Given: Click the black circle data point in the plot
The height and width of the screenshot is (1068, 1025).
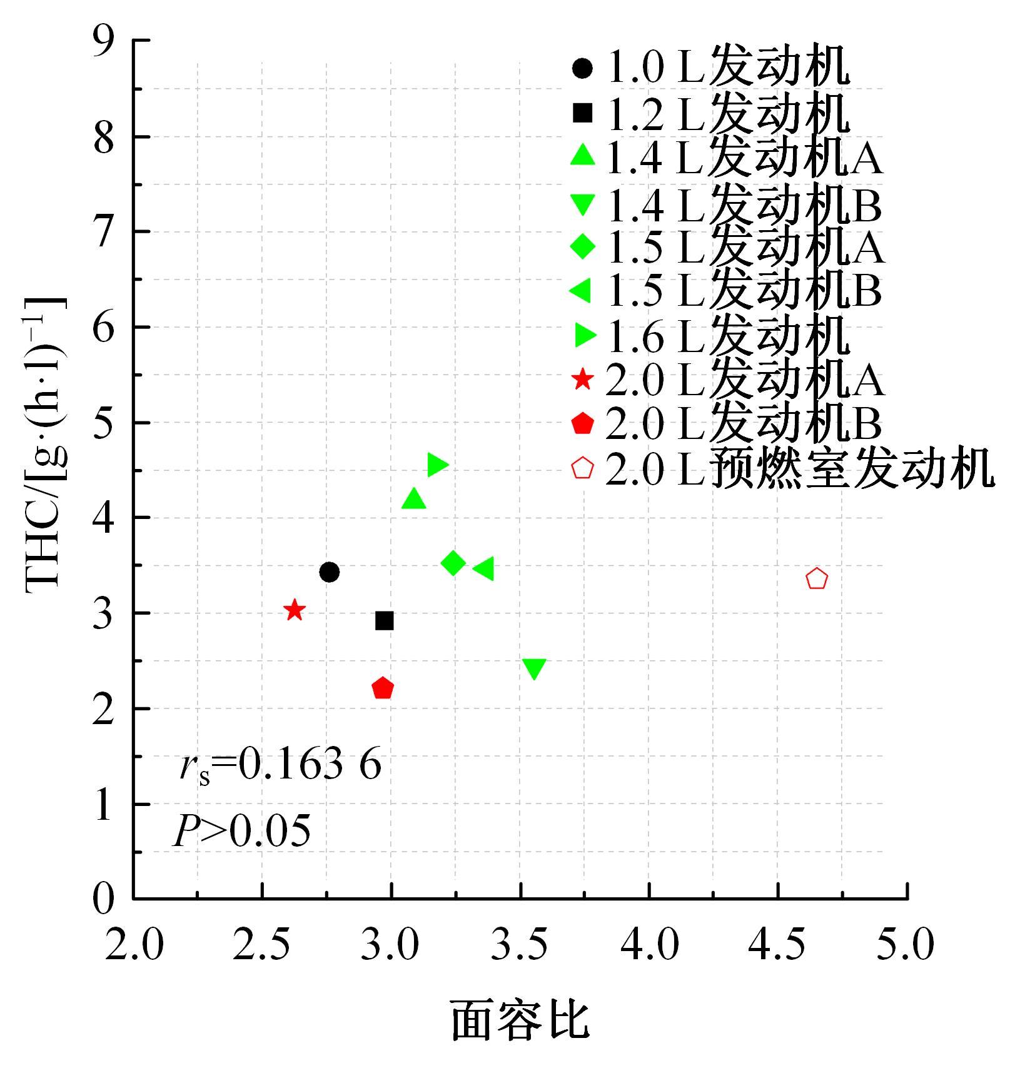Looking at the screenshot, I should [x=329, y=572].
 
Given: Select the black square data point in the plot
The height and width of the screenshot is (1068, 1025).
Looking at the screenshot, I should [x=385, y=621].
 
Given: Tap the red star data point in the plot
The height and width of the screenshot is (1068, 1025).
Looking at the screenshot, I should [x=295, y=610].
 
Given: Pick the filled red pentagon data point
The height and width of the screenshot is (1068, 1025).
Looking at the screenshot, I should [x=383, y=688].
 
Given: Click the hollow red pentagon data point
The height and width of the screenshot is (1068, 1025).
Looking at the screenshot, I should [x=817, y=579].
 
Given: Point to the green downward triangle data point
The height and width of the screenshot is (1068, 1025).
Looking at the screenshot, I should [x=534, y=668].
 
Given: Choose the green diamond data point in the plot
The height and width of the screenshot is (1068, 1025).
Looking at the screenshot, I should [x=453, y=563].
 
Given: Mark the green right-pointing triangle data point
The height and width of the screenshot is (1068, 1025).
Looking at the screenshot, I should [x=437, y=465].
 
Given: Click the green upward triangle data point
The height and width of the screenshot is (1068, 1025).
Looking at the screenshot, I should [x=413, y=499].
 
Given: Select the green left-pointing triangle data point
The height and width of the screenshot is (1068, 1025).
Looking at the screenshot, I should [x=483, y=569].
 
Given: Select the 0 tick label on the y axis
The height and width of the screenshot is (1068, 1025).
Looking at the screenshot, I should [x=104, y=899].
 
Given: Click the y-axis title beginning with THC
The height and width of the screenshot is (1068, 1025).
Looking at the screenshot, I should [x=45, y=444].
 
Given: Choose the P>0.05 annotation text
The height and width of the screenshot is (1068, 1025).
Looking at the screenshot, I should [x=242, y=832].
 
